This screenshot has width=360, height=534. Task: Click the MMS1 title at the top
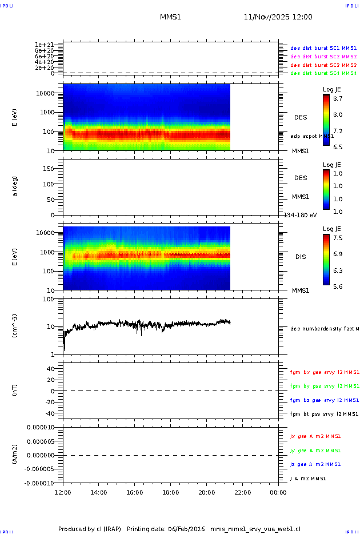point(170,17)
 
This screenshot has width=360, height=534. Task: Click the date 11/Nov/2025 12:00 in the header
point(278,17)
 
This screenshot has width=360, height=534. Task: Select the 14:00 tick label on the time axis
point(99,492)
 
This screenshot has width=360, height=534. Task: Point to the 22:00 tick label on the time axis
point(242,492)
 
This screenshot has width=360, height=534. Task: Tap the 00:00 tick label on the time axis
point(278,492)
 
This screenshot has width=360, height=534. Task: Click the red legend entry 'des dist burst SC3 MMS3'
point(323,65)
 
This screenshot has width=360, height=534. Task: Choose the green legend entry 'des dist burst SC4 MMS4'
point(323,73)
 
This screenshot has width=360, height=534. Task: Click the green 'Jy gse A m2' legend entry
point(315,451)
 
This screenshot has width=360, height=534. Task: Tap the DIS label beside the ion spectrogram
point(301,257)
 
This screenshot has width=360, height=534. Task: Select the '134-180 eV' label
point(301,215)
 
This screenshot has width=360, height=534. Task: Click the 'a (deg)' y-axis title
point(15,186)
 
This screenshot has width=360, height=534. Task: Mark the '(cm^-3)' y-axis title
point(15,326)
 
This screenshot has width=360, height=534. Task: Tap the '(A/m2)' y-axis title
point(15,455)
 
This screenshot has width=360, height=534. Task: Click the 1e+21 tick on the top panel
point(44,45)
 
